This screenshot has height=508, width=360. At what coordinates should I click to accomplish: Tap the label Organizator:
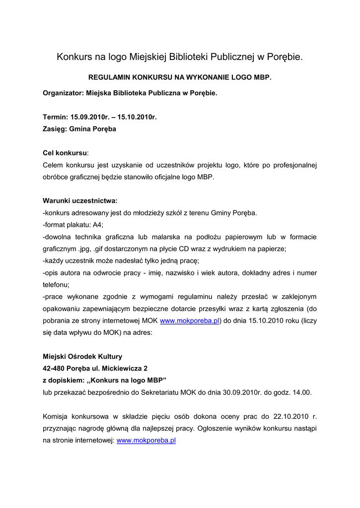pyautogui.click(x=63, y=93)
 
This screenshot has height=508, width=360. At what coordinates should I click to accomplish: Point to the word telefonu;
pyautogui.click(x=56, y=285)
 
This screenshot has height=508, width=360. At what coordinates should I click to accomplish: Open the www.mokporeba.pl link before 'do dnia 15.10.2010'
pyautogui.click(x=190, y=320)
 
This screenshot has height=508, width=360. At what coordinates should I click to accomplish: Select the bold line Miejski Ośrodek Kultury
pyautogui.click(x=82, y=356)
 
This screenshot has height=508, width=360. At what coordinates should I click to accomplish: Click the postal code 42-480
pyautogui.click(x=55, y=368)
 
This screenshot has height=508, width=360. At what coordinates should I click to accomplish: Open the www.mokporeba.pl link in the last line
pyautogui.click(x=146, y=440)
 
